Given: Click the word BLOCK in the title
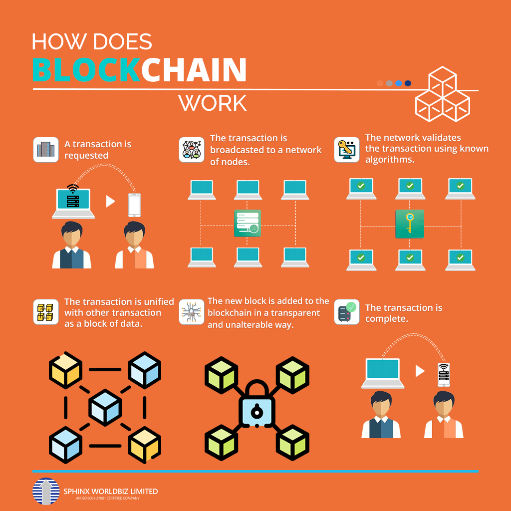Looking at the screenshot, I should tap(85, 70).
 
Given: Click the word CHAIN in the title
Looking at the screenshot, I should tap(194, 70).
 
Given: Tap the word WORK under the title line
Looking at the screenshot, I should tap(213, 103).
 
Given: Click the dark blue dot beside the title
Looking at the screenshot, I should tap(408, 83).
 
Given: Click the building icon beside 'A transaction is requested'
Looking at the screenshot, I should tap(46, 150).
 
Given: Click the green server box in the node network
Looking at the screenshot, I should tap(248, 223).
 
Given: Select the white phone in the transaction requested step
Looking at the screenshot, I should tap(134, 205).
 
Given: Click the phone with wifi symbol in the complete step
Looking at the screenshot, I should tap(444, 374).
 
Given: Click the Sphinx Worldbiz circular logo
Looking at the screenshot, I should tap(45, 491).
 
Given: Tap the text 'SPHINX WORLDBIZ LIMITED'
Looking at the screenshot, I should tap(111, 492).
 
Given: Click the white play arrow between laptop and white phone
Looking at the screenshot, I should tap(111, 202).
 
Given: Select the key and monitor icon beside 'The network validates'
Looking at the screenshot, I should tap(346, 150).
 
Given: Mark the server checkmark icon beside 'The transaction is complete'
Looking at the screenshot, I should tap(346, 312).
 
